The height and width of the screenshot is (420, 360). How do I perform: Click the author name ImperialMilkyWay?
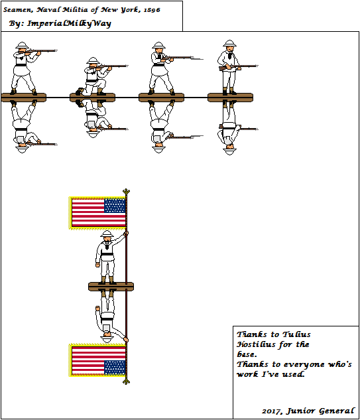(x=60, y=24)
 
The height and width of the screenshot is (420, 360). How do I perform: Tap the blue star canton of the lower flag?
(x=115, y=367)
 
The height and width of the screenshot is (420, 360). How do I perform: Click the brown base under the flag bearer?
(x=111, y=286)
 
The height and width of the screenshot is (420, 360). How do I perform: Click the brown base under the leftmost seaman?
(x=23, y=98)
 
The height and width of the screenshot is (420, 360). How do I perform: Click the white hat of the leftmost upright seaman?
(x=21, y=46)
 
